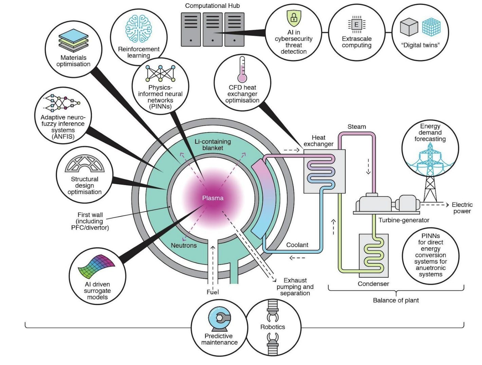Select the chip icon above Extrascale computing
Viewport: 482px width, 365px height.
[356, 24]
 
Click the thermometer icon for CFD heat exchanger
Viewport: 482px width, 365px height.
[242, 70]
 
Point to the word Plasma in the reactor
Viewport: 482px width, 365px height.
[213, 198]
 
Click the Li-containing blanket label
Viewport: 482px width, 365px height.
[213, 144]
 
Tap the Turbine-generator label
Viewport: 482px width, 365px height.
[404, 220]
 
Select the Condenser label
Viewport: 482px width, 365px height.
[373, 284]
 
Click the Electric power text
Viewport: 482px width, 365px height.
[462, 208]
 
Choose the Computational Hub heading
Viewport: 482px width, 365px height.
[212, 6]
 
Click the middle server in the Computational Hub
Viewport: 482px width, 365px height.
[213, 29]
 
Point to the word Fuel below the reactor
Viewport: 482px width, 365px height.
[213, 292]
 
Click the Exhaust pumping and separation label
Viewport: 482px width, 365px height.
[295, 287]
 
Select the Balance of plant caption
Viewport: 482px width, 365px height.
[396, 300]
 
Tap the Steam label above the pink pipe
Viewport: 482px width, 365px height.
[357, 127]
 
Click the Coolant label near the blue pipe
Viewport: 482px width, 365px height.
[297, 245]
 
